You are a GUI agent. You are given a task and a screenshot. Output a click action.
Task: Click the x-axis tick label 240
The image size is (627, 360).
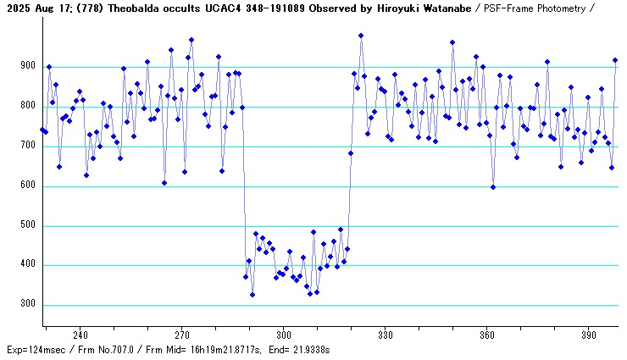[81, 335]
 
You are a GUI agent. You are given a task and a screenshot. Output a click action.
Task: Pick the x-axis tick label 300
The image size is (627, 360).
[284, 335]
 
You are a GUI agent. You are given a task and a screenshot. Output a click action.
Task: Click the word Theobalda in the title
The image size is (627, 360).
[130, 8]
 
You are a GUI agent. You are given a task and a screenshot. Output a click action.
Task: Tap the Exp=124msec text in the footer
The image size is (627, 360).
[36, 349]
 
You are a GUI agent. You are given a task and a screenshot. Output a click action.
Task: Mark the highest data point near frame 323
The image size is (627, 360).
[361, 36]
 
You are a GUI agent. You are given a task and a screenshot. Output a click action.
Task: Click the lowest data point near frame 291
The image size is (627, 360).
[252, 295]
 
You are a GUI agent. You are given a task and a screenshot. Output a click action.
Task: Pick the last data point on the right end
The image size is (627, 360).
[615, 60]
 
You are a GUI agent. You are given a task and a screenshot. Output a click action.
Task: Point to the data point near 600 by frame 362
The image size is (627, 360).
[493, 187]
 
